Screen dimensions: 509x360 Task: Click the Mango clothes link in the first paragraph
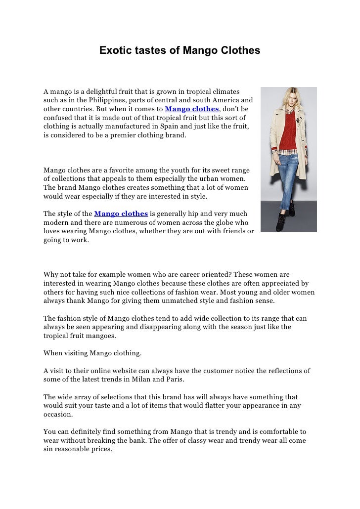(192, 109)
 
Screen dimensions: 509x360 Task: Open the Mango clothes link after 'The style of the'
(121, 214)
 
